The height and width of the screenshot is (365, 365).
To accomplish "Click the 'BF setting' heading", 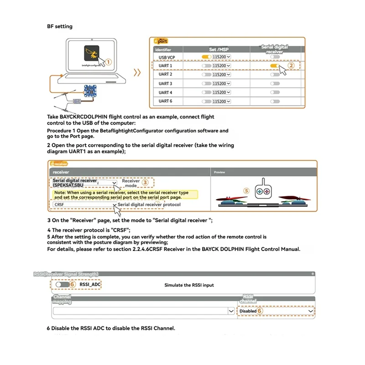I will pyautogui.click(x=60, y=26).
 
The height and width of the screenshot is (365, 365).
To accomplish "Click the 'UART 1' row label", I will pyautogui.click(x=165, y=66).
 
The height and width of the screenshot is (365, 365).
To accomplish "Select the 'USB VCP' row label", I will pyautogui.click(x=167, y=57).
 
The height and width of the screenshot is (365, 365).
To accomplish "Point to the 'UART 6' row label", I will pyautogui.click(x=165, y=101).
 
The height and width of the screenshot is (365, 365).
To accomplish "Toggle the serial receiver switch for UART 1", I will pyautogui.click(x=275, y=66).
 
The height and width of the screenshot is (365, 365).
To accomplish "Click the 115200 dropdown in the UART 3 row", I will pyautogui.click(x=221, y=83).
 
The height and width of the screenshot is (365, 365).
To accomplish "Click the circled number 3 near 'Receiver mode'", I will pyautogui.click(x=145, y=182).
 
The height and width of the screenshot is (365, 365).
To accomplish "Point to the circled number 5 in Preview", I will pyautogui.click(x=247, y=191).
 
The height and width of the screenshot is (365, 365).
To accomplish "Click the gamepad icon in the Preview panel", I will pyautogui.click(x=262, y=191).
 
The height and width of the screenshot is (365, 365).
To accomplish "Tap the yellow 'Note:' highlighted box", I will pyautogui.click(x=125, y=195).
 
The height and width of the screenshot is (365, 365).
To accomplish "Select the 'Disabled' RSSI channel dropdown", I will pyautogui.click(x=276, y=311).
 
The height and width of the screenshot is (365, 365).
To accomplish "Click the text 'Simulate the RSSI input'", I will pyautogui.click(x=189, y=285).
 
